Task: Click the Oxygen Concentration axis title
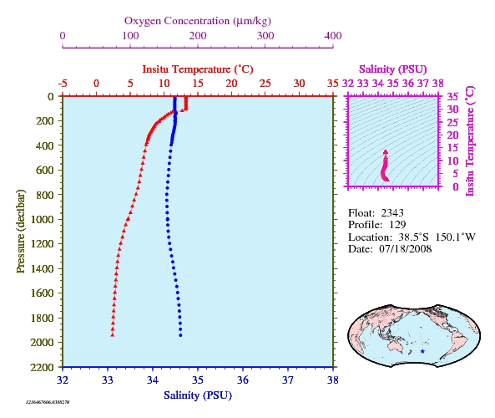(x=198, y=21)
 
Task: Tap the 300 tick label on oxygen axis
(x=265, y=36)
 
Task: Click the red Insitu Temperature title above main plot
(x=198, y=69)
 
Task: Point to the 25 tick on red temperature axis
(x=265, y=84)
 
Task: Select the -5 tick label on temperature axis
(x=63, y=84)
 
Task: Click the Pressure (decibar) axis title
(x=20, y=231)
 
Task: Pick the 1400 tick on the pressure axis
(x=42, y=268)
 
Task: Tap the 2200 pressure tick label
(x=42, y=367)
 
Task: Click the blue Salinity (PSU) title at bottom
(x=198, y=395)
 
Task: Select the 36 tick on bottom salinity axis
(x=243, y=380)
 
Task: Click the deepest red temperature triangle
(x=113, y=335)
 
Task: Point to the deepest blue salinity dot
(x=180, y=335)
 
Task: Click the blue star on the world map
(x=422, y=351)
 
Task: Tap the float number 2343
(x=392, y=213)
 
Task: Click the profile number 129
(x=397, y=225)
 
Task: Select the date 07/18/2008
(x=406, y=249)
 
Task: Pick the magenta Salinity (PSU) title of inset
(x=392, y=69)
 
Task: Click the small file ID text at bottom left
(x=48, y=402)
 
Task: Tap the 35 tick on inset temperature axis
(x=452, y=96)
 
